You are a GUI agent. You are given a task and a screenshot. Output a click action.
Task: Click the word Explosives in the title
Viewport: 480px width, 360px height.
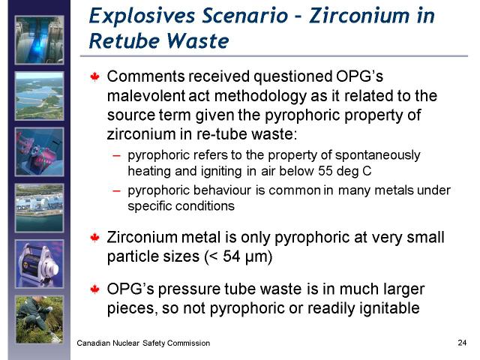coord(142,16)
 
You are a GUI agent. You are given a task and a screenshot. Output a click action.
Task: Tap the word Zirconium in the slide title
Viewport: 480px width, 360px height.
coord(358,16)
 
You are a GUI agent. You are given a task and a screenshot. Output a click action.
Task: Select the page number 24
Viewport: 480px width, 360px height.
coord(462,343)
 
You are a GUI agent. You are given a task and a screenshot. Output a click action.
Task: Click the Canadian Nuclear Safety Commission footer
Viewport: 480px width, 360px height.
coord(143,343)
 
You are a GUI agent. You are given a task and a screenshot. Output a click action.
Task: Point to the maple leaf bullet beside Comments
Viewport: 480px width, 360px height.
coord(95,76)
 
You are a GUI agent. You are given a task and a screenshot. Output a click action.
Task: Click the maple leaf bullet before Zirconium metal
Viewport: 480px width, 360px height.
coord(95,238)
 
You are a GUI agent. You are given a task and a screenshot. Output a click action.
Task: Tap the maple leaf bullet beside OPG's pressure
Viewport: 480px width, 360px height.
coord(95,289)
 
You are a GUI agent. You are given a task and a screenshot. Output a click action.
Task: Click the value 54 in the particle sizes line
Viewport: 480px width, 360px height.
coord(232,256)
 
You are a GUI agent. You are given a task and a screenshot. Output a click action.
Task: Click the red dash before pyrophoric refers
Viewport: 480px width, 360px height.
coord(116,155)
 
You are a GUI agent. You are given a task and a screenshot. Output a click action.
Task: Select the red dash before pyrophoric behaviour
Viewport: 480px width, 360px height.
coord(116,190)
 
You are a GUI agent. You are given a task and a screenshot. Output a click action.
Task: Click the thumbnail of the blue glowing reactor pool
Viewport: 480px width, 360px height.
coord(40,40)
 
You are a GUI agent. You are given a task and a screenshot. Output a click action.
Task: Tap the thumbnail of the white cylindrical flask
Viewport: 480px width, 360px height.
coord(40,264)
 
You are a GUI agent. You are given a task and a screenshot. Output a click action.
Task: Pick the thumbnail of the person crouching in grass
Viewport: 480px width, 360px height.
coord(40,319)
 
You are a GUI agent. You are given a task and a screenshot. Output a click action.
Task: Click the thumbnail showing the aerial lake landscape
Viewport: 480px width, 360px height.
coord(40,96)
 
